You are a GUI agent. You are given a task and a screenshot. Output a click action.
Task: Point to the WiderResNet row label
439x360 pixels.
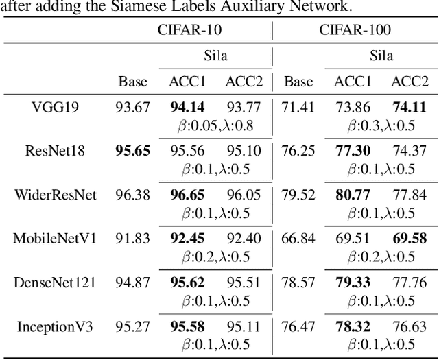click(56, 195)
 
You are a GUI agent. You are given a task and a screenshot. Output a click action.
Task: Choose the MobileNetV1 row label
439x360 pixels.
click(56, 239)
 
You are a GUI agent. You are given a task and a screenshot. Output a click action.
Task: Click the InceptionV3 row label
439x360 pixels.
click(55, 326)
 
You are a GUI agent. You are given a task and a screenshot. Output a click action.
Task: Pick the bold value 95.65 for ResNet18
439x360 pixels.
click(132, 152)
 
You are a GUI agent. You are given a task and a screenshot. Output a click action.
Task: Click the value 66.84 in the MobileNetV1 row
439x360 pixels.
click(298, 239)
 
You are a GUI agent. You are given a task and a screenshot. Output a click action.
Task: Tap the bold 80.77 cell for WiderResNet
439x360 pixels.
click(352, 195)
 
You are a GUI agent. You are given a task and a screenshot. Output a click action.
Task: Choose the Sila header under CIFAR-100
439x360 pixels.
click(381, 56)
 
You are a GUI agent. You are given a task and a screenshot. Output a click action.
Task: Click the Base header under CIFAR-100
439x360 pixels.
click(298, 82)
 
